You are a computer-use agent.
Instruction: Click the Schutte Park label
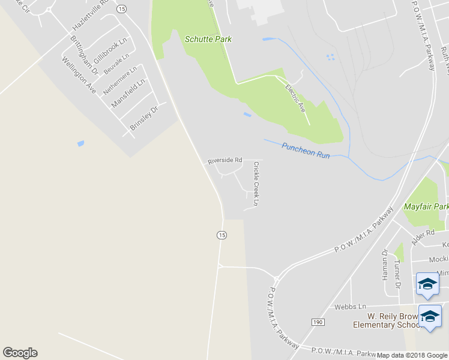208,39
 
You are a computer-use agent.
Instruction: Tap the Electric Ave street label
296,98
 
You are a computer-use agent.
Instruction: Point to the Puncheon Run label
306,150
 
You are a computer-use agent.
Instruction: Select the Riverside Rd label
224,160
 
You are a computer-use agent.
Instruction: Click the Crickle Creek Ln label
256,184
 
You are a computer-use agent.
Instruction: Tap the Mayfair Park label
426,206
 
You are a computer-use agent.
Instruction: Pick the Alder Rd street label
423,236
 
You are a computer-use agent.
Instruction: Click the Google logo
20,353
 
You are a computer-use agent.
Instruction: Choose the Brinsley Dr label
143,118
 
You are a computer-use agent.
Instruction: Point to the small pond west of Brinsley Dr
80,144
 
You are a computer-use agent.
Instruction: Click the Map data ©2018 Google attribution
412,355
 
